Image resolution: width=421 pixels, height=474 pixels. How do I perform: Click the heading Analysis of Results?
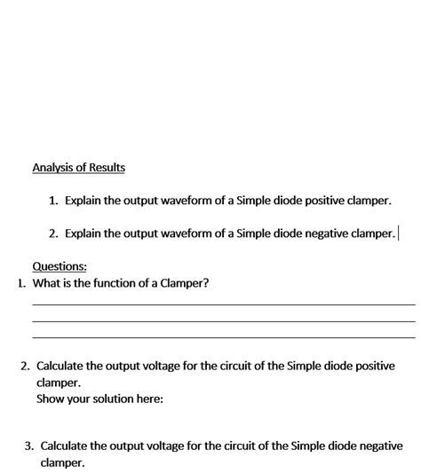pos(78,167)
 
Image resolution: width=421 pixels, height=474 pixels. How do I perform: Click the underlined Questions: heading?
pos(60,265)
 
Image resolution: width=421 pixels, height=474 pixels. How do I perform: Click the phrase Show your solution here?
pos(99,399)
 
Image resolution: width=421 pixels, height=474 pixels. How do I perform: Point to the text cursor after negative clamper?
pos(399,233)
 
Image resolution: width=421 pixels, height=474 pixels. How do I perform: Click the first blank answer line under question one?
pos(223,304)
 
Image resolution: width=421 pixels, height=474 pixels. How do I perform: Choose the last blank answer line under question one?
pos(223,337)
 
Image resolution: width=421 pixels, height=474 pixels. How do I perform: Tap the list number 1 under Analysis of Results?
pos(53,201)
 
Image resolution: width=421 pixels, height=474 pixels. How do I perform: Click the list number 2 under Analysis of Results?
pos(53,233)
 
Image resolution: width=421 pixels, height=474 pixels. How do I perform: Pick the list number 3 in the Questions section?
pos(28,446)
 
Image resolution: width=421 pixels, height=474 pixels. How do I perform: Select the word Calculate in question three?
pos(67,446)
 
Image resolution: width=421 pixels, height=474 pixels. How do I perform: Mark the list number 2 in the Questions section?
pos(25,366)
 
